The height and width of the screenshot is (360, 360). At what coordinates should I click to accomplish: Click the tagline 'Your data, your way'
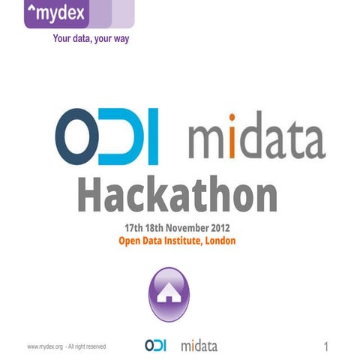tap(91, 39)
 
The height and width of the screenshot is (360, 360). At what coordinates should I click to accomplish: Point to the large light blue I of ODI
tap(152, 139)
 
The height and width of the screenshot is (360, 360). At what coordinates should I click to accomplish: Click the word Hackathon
tap(178, 196)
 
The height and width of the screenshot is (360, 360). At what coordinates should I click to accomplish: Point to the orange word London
tap(217, 241)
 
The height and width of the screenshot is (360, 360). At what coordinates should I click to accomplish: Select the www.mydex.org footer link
tap(44, 346)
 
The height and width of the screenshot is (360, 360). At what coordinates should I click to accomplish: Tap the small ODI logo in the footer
tap(155, 346)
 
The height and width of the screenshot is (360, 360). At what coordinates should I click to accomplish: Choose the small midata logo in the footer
tap(198, 346)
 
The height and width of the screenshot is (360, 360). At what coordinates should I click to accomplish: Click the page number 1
tap(326, 346)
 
